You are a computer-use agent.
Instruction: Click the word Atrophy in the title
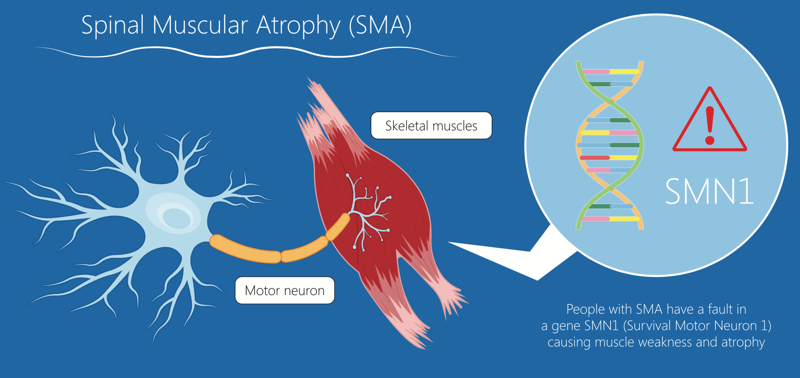pos(298,25)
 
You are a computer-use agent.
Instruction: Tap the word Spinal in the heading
pos(112,25)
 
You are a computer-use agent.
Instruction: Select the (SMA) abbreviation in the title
pos(380,25)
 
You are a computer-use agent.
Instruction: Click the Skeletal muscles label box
pos(431,126)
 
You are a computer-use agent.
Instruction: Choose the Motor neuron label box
pos(284,290)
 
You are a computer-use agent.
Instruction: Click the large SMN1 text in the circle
pos(709,192)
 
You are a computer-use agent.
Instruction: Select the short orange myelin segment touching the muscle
pos(338,227)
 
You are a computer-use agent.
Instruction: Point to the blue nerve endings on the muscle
pos(370,211)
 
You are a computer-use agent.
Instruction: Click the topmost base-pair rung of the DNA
pos(610,72)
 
